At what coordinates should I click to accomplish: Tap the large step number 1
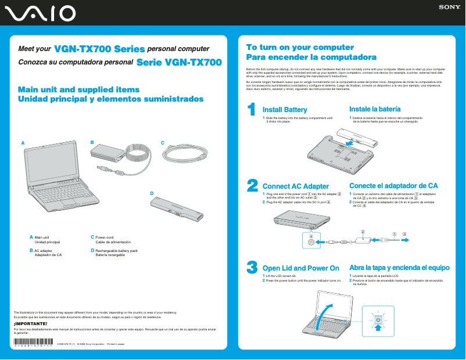click(x=252, y=109)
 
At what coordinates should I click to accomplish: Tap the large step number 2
click(x=252, y=185)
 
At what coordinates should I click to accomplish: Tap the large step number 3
click(x=252, y=267)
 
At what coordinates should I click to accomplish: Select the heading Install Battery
click(x=285, y=110)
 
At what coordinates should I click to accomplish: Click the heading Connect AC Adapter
click(x=296, y=186)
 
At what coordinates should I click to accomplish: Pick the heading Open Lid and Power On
click(x=301, y=268)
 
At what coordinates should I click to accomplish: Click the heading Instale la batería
click(x=374, y=109)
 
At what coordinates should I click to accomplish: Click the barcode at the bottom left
click(x=33, y=344)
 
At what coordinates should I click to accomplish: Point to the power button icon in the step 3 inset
click(x=378, y=320)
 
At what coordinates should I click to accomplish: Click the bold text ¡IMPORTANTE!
click(x=26, y=323)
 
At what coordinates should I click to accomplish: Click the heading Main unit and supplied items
click(x=78, y=89)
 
